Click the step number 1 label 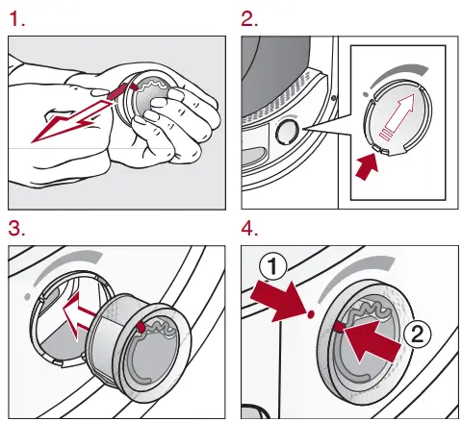(17, 19)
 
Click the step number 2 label (249, 19)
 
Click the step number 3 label (17, 229)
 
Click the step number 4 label (249, 229)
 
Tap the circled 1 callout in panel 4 (272, 267)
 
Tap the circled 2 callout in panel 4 (417, 335)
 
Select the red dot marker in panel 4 (310, 314)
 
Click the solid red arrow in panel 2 (367, 166)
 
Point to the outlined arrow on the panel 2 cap (397, 116)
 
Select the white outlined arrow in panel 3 (80, 315)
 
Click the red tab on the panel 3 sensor (141, 327)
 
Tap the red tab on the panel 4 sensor (339, 327)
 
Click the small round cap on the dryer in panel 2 (287, 131)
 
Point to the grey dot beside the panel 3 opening (28, 297)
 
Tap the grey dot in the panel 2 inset (365, 94)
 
